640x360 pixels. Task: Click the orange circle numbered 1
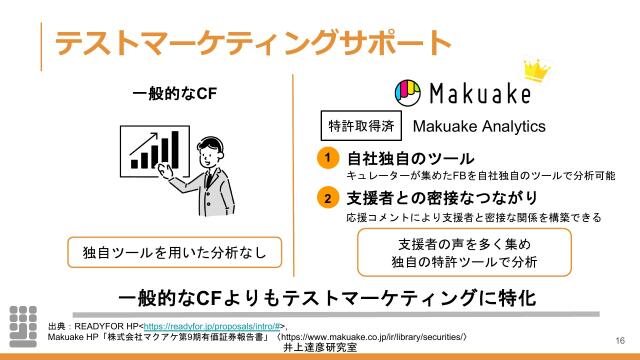pos(326,159)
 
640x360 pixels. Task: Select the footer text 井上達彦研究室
pos(319,348)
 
